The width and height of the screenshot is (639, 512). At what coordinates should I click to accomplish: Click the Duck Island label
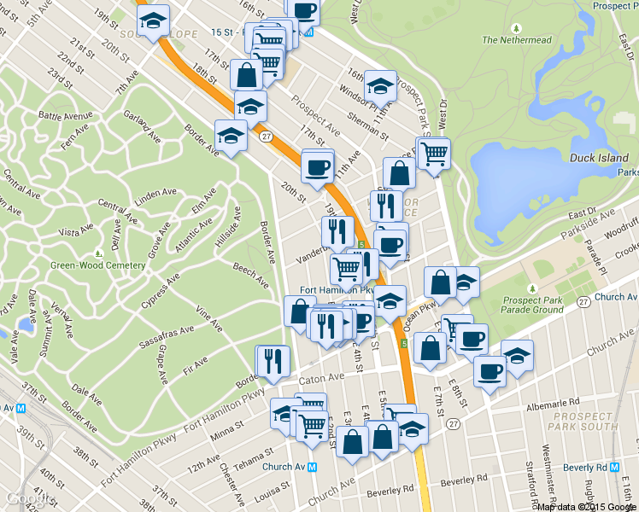599,158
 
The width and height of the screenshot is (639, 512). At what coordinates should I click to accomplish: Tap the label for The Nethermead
513,39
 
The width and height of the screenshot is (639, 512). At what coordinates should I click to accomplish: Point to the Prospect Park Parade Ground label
535,305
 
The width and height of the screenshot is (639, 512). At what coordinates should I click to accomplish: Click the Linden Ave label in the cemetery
155,198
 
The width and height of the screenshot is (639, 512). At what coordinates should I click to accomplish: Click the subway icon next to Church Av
313,467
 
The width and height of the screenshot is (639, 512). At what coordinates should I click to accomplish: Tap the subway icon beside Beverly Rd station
615,468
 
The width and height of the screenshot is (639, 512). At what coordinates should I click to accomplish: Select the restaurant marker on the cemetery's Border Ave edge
273,360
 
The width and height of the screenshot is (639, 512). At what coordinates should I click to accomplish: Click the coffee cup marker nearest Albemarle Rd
490,372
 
